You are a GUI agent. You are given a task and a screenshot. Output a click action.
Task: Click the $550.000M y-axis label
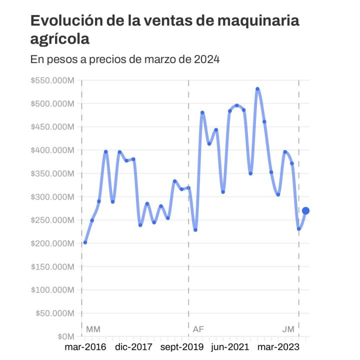point(52,80)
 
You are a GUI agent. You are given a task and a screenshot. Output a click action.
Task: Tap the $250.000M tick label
point(52,220)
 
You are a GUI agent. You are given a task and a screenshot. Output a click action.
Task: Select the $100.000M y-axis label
point(52,290)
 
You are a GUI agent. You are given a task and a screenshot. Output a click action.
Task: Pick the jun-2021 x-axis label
point(229,346)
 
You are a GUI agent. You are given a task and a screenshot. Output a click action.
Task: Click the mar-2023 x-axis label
point(278,346)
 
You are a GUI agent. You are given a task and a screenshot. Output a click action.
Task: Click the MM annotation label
point(93,329)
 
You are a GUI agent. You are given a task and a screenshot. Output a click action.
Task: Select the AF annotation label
point(198,329)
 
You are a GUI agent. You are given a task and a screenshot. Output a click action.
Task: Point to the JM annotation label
point(288,329)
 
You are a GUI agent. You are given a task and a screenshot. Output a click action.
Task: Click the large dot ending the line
point(305,211)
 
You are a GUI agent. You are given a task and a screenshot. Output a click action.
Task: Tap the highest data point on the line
point(257,89)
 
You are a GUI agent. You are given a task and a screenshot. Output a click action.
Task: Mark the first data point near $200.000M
point(85,242)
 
